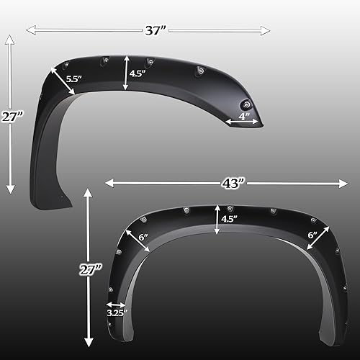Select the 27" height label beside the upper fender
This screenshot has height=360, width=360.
[x=9, y=117]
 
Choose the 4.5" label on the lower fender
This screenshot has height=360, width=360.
[x=229, y=219]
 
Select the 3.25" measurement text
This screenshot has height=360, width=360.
[x=117, y=314]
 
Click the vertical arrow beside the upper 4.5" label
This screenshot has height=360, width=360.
[x=126, y=73]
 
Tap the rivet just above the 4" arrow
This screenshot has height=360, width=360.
[x=247, y=104]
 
